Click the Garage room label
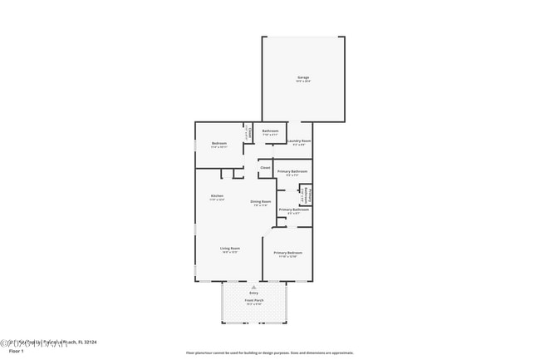point(303,77)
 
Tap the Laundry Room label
point(299,141)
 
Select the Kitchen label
point(216,196)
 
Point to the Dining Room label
point(261,201)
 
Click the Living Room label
point(230,249)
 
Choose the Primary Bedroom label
point(287,252)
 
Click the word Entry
point(253,293)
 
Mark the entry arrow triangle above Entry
point(253,286)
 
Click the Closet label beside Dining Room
point(265,168)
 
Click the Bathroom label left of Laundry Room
point(271,131)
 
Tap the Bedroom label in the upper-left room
point(219,143)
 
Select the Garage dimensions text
point(303,81)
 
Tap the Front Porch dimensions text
point(253,303)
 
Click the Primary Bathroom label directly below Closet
point(292,171)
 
